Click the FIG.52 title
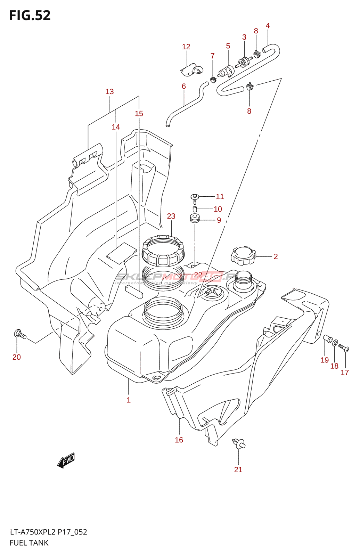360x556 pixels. pyautogui.click(x=30, y=16)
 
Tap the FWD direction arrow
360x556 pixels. pyautogui.click(x=66, y=460)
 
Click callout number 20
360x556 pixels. pyautogui.click(x=17, y=357)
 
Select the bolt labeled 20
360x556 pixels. pyautogui.click(x=20, y=334)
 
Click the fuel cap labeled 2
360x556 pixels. pyautogui.click(x=243, y=256)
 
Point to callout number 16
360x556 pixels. pyautogui.click(x=179, y=440)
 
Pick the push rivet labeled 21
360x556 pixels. pyautogui.click(x=238, y=444)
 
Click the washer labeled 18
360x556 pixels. pyautogui.click(x=335, y=343)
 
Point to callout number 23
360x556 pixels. pyautogui.click(x=171, y=216)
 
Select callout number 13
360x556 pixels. pyautogui.click(x=109, y=92)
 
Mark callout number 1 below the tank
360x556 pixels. pyautogui.click(x=129, y=400)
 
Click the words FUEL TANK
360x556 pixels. pyautogui.click(x=29, y=543)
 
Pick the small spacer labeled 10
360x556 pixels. pyautogui.click(x=195, y=209)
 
